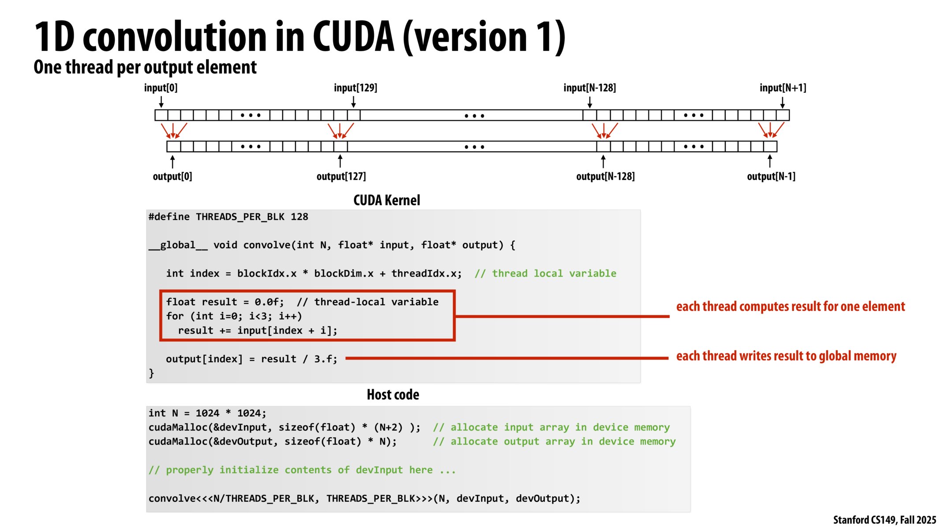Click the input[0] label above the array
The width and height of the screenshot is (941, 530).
click(161, 88)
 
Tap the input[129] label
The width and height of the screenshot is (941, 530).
click(355, 88)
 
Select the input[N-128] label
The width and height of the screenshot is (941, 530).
click(589, 88)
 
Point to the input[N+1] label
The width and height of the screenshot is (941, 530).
click(783, 88)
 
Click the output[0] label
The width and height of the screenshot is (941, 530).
click(172, 177)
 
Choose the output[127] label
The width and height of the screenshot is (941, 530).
click(341, 177)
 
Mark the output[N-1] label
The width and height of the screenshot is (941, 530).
click(771, 177)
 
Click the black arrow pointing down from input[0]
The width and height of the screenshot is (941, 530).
click(161, 102)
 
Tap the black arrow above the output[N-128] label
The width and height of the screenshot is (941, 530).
click(603, 161)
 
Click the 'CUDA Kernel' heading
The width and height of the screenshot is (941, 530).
click(386, 201)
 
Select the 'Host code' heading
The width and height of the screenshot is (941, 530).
click(393, 395)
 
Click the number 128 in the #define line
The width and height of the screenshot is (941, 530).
click(299, 217)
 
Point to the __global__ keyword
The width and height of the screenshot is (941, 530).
click(178, 245)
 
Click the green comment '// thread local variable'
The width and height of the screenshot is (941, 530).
click(545, 273)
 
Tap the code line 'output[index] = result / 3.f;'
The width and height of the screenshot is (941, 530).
click(251, 359)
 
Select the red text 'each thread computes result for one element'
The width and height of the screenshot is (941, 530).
click(790, 307)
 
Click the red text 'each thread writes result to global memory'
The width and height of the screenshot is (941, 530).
click(786, 356)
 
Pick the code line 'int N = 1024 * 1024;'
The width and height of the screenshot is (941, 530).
click(207, 413)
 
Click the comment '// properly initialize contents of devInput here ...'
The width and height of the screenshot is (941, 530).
click(302, 470)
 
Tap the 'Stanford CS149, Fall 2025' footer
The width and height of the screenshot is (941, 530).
click(884, 520)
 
